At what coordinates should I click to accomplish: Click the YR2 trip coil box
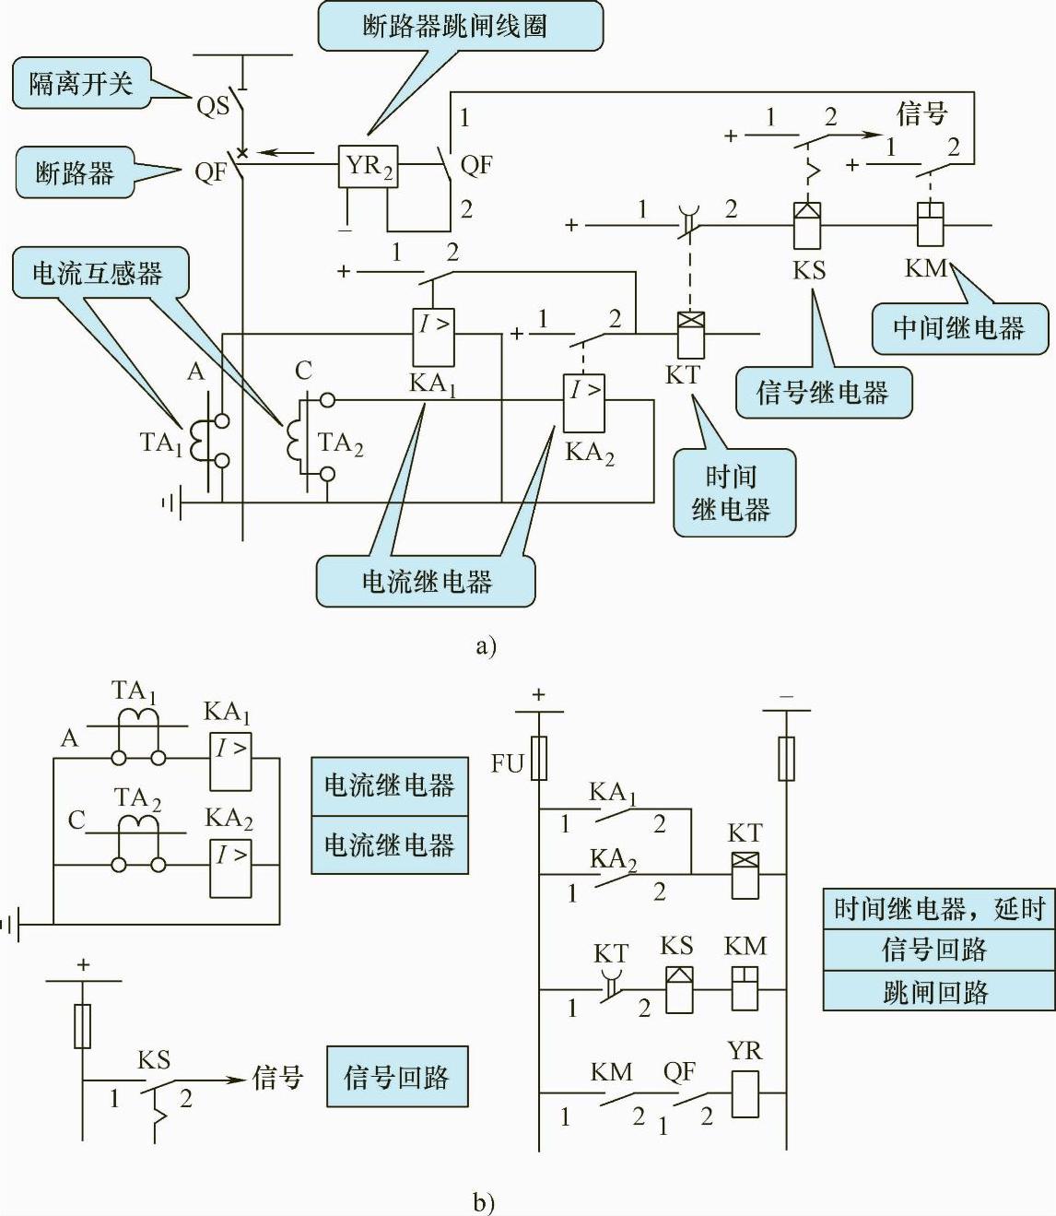point(368,166)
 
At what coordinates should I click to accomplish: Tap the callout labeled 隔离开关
point(81,85)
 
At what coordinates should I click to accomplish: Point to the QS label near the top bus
point(212,106)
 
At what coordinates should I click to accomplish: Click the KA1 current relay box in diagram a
point(432,336)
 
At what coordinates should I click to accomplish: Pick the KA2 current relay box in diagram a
point(584,403)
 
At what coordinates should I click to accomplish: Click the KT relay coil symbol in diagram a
point(690,335)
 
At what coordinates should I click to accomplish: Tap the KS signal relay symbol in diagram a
point(808,224)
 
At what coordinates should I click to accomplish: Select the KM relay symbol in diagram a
point(931,224)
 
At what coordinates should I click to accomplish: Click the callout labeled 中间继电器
point(958,328)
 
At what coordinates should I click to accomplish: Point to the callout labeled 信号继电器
point(822,393)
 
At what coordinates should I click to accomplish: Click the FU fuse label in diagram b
point(507,763)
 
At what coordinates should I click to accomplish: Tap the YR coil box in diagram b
point(744,1094)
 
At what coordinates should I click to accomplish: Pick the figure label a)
point(486,645)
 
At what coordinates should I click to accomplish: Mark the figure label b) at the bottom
point(484,1202)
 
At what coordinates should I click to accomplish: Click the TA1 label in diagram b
point(134,691)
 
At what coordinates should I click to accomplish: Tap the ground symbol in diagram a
point(170,502)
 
